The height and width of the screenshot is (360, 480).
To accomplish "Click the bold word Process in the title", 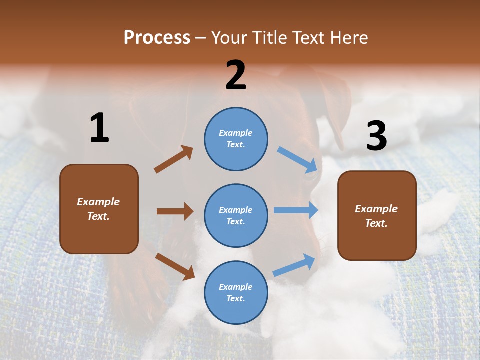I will (157, 38).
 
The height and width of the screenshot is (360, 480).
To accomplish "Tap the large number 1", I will (99, 128).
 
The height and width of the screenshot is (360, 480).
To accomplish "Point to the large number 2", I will (236, 75).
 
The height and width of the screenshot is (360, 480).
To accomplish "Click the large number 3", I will (376, 136).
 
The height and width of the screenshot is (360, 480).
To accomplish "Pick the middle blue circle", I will (236, 215).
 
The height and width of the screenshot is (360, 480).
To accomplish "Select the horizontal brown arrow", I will (175, 211).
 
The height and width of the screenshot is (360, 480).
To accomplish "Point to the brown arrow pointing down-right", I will (175, 266).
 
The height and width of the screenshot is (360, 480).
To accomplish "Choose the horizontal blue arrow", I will (296, 210).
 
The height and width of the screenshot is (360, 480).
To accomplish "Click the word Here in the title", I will (348, 38).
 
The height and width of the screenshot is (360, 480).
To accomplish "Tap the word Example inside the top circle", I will (235, 133).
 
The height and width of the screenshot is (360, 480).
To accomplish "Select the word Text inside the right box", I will (376, 223).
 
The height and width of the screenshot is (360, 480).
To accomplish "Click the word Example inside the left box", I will (98, 202).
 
